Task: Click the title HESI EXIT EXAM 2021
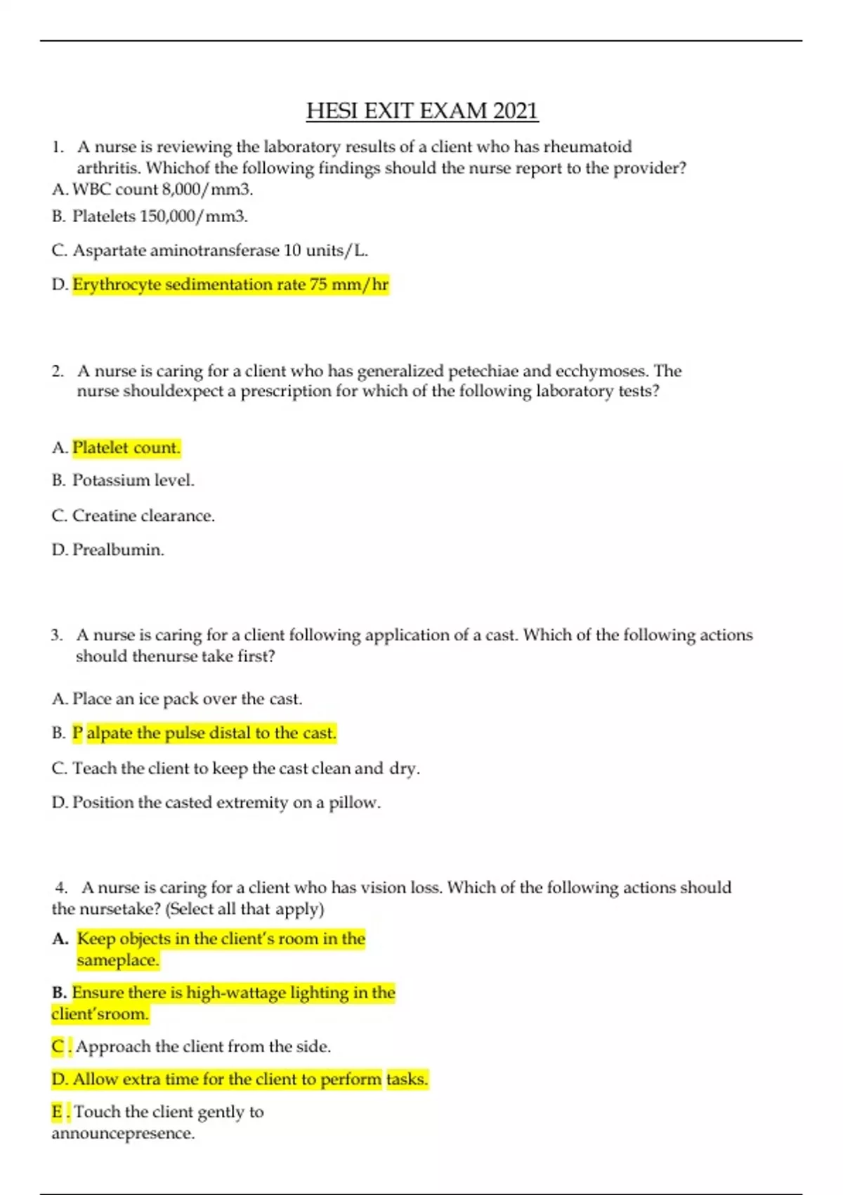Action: pyautogui.click(x=422, y=111)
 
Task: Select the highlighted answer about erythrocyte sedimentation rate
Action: pyautogui.click(x=230, y=285)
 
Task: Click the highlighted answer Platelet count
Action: pyautogui.click(x=126, y=448)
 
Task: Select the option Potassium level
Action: pyautogui.click(x=133, y=480)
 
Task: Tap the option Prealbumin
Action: pyautogui.click(x=118, y=550)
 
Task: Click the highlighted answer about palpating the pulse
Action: pyautogui.click(x=204, y=733)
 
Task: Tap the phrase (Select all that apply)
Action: pyautogui.click(x=244, y=909)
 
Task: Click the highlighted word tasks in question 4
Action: pyautogui.click(x=407, y=1079)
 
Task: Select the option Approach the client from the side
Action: pyautogui.click(x=203, y=1047)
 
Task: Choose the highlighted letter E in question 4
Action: pyautogui.click(x=58, y=1112)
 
